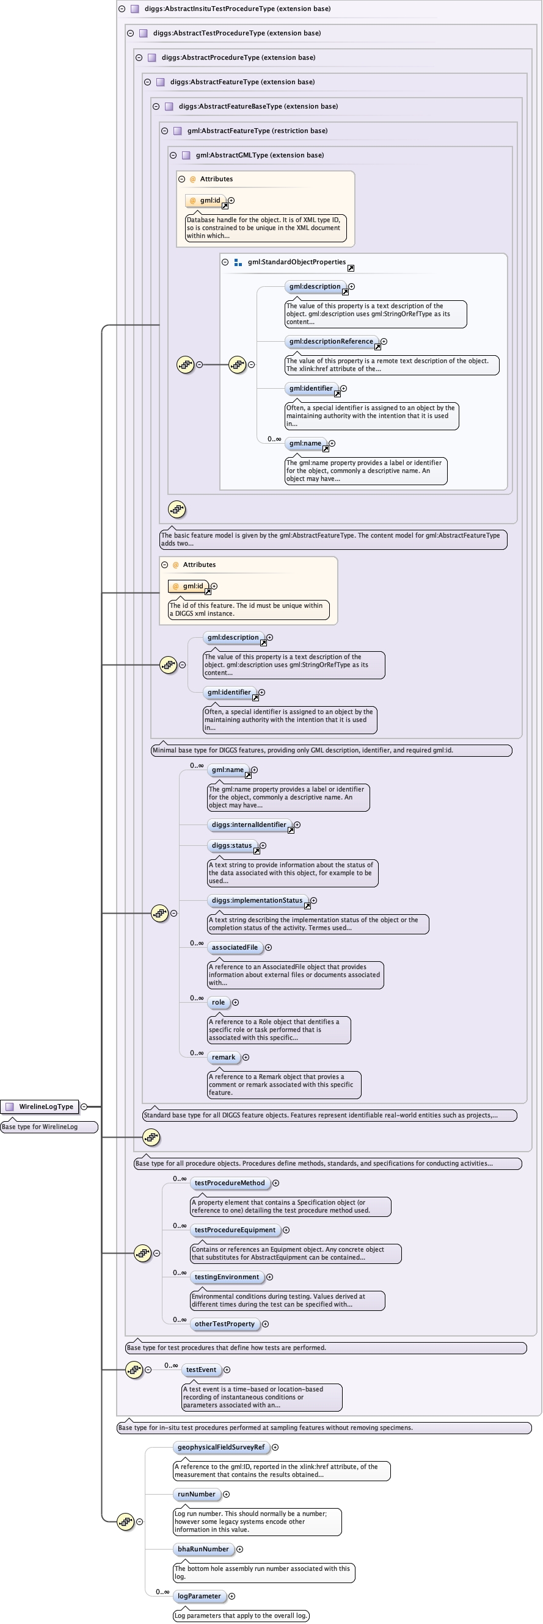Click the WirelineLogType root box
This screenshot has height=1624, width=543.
click(x=40, y=1106)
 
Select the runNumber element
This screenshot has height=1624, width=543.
click(x=196, y=1494)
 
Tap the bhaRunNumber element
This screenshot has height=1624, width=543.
click(x=203, y=1549)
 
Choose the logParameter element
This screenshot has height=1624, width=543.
click(x=199, y=1597)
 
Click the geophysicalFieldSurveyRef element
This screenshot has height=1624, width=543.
click(x=220, y=1447)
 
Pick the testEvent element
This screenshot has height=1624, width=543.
click(x=200, y=1370)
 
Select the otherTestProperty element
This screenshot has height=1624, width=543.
click(x=225, y=1324)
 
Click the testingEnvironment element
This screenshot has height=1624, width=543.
click(x=227, y=1277)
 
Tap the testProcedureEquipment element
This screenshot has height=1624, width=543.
click(x=235, y=1230)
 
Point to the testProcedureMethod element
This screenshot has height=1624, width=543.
click(x=230, y=1183)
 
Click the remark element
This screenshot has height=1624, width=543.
click(x=224, y=1057)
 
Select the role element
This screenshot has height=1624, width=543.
click(x=218, y=1002)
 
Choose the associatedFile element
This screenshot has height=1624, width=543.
click(x=235, y=948)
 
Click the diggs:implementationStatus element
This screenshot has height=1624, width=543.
click(x=257, y=900)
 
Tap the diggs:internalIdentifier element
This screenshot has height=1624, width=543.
click(x=249, y=825)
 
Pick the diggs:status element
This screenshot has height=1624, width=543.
click(x=231, y=845)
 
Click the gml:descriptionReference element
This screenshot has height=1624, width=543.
click(x=331, y=341)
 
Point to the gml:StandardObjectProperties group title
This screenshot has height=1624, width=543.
click(x=296, y=262)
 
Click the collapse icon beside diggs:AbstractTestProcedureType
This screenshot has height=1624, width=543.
click(x=131, y=34)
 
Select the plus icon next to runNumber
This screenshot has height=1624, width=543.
click(x=227, y=1494)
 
